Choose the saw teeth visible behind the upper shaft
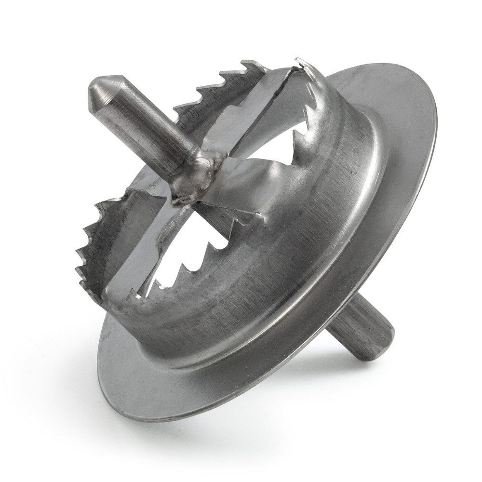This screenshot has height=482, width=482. pos(212,87)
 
